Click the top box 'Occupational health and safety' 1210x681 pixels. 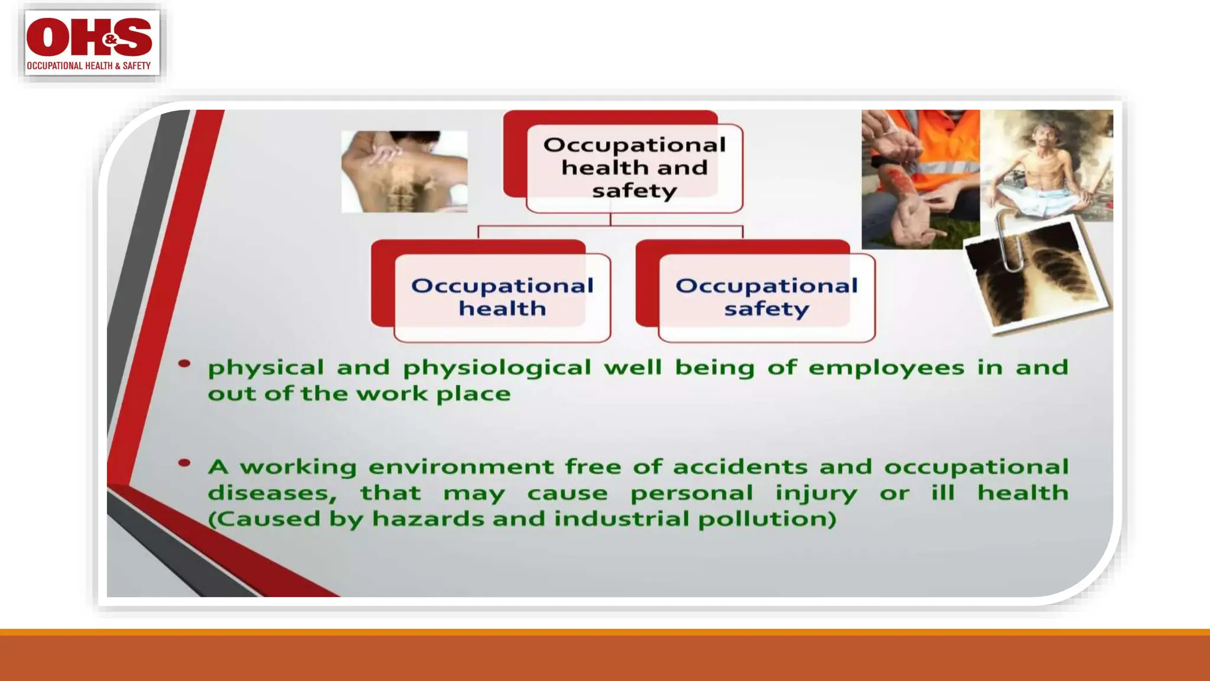pyautogui.click(x=634, y=168)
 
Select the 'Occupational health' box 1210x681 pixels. pyautogui.click(x=502, y=297)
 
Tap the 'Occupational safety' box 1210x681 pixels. pyautogui.click(x=766, y=297)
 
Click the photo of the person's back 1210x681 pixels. pyautogui.click(x=404, y=171)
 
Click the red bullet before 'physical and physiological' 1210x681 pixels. pyautogui.click(x=184, y=364)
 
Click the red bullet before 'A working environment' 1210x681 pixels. pyautogui.click(x=184, y=463)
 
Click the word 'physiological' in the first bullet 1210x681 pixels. pyautogui.click(x=497, y=368)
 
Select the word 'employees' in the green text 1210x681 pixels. pyautogui.click(x=886, y=368)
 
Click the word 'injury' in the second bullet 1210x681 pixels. pyautogui.click(x=815, y=494)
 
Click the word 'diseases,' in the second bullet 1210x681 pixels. pyautogui.click(x=272, y=493)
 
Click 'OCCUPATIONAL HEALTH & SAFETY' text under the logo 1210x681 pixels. pyautogui.click(x=89, y=66)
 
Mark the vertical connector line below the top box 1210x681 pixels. pyautogui.click(x=610, y=219)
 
